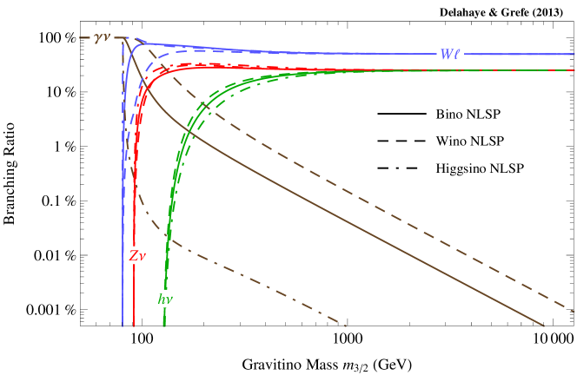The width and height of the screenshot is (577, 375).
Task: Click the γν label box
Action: pyautogui.click(x=102, y=36)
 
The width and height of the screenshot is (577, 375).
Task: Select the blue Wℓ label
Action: pyautogui.click(x=449, y=54)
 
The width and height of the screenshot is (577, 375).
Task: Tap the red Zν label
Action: pyautogui.click(x=137, y=255)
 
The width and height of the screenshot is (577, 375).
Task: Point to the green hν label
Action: pyautogui.click(x=165, y=299)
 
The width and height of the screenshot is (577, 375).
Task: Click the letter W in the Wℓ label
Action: pyautogui.click(x=446, y=54)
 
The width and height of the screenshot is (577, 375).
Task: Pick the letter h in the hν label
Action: pyautogui.click(x=162, y=299)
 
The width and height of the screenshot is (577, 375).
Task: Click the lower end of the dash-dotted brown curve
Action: pyautogui.click(x=346, y=326)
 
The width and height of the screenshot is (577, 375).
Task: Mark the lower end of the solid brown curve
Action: pyautogui.click(x=544, y=326)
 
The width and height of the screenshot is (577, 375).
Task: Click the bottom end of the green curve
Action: pyautogui.click(x=164, y=326)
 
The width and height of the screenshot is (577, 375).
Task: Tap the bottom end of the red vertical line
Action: pyautogui.click(x=134, y=326)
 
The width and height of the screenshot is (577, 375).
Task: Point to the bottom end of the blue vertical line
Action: pyautogui.click(x=123, y=326)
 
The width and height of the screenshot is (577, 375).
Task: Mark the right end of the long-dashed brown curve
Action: pyautogui.click(x=574, y=311)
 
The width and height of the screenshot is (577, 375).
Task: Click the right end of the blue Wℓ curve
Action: pyautogui.click(x=574, y=54)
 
